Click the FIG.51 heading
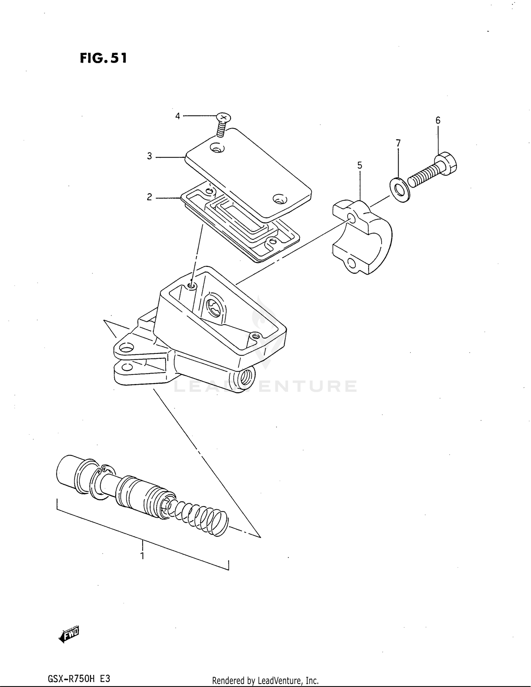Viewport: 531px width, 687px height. point(103,58)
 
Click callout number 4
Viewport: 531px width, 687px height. point(178,116)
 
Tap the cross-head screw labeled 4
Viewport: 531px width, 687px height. point(223,118)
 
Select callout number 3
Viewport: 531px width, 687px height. point(149,156)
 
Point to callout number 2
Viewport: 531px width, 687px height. point(149,197)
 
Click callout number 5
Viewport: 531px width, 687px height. point(360,165)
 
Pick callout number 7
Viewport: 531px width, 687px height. point(398,143)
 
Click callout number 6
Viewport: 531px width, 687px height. point(438,120)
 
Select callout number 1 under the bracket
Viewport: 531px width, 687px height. point(142,556)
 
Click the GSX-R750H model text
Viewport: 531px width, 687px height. point(79,679)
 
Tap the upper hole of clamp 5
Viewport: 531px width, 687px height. point(351,217)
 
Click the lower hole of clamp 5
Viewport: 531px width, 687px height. point(352,263)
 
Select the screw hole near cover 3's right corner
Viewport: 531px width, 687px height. point(280,200)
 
